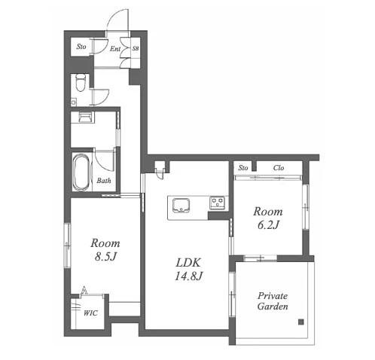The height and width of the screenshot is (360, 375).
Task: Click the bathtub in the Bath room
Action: point(81,172)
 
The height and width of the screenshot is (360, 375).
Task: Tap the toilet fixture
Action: point(81,82)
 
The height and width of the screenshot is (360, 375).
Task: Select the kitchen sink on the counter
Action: point(181,206)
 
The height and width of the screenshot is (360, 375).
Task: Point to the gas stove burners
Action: point(218,203)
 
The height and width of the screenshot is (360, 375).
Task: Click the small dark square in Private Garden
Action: point(300,322)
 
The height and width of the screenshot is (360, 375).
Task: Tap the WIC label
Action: point(90,313)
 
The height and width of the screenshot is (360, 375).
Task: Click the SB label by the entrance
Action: point(136,48)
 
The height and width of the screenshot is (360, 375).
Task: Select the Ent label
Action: point(115,49)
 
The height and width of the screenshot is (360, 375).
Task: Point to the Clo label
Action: point(279,167)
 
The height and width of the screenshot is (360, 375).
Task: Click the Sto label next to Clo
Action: point(243,167)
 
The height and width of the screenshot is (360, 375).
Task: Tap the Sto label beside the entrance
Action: point(81,47)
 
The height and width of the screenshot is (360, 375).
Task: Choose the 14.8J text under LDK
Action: point(188,276)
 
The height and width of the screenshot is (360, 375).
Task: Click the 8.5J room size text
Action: point(105,257)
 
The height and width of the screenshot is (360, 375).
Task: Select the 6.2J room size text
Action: point(268,225)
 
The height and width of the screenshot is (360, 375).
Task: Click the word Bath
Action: point(104,180)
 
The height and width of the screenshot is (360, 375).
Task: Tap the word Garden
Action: point(273,307)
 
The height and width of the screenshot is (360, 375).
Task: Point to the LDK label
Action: point(188,263)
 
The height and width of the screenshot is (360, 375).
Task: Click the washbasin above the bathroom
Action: point(84,117)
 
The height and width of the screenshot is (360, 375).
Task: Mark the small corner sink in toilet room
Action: point(74,102)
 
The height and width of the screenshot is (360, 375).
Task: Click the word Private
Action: point(273,296)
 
